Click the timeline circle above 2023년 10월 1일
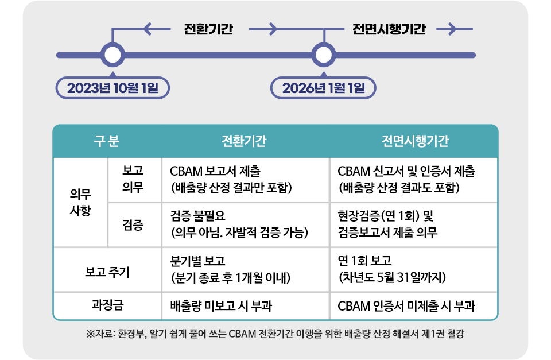pyautogui.click(x=112, y=55)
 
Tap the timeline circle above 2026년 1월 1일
pyautogui.click(x=323, y=55)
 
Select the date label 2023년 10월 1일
pyautogui.click(x=112, y=88)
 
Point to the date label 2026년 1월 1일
pyautogui.click(x=323, y=88)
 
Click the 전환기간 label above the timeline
pyautogui.click(x=208, y=29)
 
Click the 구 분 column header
pyautogui.click(x=107, y=141)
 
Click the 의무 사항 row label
pyautogui.click(x=80, y=202)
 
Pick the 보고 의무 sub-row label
pyautogui.click(x=133, y=179)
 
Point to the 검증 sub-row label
pyautogui.click(x=133, y=225)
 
